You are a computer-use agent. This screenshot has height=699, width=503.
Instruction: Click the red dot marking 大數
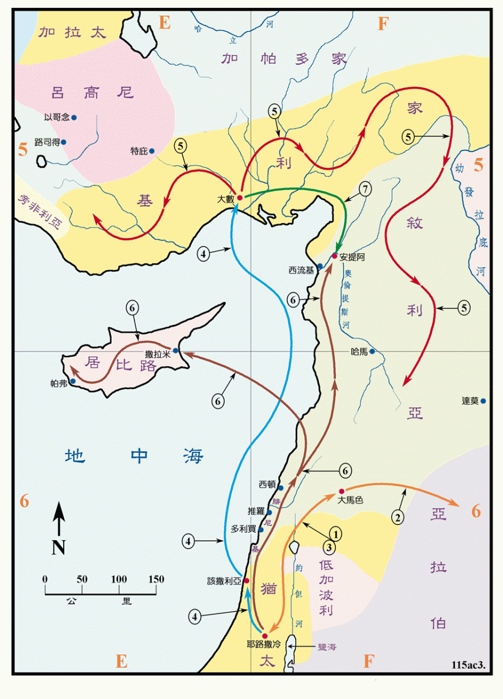coord(240,198)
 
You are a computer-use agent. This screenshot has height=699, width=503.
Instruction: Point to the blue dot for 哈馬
coord(372,351)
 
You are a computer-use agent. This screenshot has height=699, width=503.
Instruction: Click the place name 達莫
coord(469,401)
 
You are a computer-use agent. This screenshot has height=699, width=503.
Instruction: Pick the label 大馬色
coord(350,500)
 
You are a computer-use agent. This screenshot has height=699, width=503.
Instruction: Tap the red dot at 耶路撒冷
coord(265,636)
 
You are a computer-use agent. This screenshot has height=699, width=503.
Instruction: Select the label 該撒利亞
coord(224,581)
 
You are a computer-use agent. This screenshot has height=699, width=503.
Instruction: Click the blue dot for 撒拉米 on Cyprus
coord(175,351)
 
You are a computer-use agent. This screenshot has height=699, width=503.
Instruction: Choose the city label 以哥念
coord(56,117)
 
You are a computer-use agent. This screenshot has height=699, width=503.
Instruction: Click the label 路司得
coord(47,142)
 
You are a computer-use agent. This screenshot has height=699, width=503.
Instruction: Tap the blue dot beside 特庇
coord(151,150)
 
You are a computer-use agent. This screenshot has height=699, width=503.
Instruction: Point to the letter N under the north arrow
coord(59,546)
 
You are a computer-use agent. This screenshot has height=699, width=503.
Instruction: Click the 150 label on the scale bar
coord(156,579)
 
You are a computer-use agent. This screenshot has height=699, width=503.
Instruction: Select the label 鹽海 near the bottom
coord(327,647)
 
